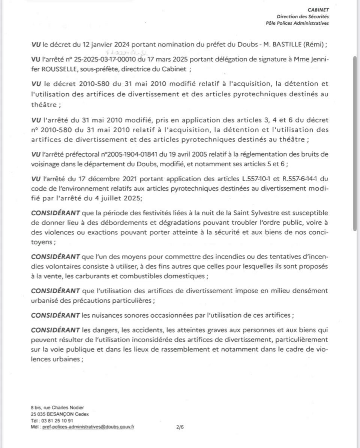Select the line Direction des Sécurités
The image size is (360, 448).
point(303,16)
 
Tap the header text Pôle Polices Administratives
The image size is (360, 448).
point(297,23)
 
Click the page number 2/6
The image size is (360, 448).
point(180,427)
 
